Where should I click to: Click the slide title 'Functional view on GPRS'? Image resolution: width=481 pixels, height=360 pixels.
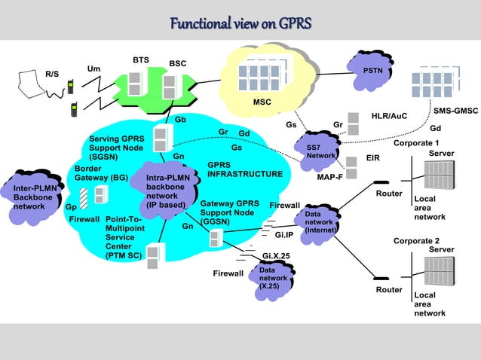[240, 24]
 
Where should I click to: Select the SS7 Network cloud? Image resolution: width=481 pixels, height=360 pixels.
[317, 149]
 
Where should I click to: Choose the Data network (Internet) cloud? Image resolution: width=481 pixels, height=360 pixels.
[318, 222]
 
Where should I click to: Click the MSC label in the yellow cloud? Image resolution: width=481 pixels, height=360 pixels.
[262, 102]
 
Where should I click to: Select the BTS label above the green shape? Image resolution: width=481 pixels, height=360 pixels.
[140, 59]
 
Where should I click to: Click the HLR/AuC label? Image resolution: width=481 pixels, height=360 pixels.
[389, 116]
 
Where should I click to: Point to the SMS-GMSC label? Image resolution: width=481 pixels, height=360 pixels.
[455, 111]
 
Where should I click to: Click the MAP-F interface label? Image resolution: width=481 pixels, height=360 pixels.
[330, 178]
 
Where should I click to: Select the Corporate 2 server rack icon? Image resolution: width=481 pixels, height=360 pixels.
[439, 272]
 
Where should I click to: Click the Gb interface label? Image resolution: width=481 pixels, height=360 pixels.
[181, 120]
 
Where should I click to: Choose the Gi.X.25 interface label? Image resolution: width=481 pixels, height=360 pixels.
[276, 255]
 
